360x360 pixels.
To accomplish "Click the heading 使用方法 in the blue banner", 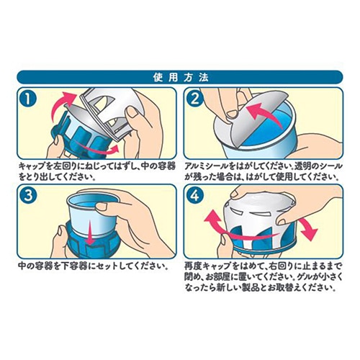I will (x=179, y=76).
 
